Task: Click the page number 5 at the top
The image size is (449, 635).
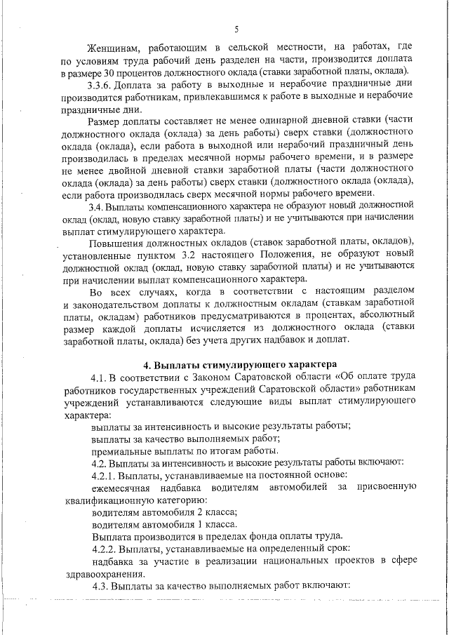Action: tap(236, 29)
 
